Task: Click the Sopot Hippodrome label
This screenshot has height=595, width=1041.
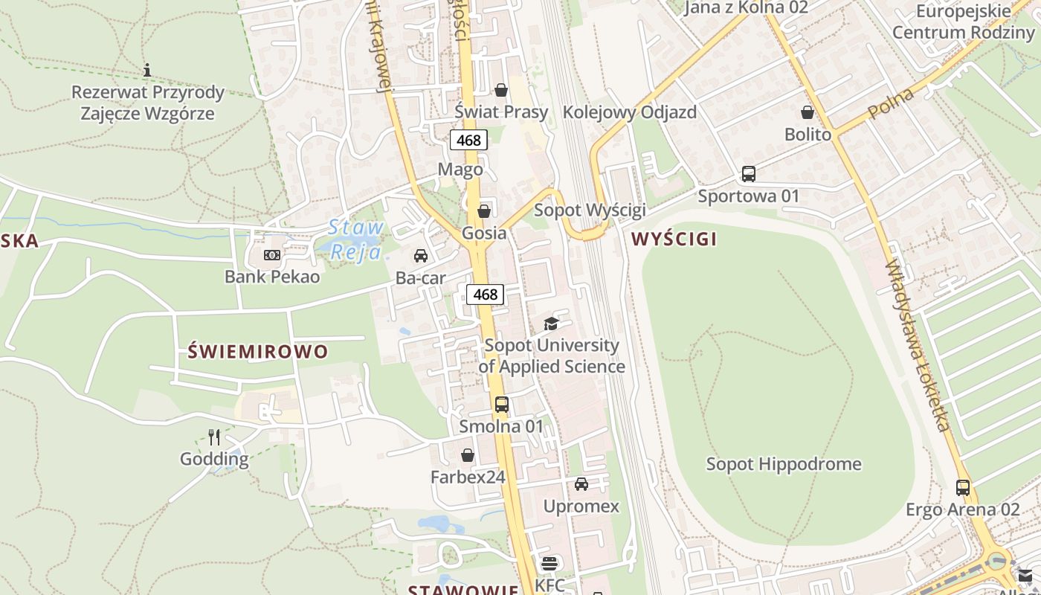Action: tap(784, 464)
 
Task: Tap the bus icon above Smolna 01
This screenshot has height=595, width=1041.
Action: tap(502, 405)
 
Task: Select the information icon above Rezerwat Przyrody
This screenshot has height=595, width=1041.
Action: tap(147, 70)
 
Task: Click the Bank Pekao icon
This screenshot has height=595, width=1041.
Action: tap(272, 255)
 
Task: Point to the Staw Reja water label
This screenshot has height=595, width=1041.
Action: tap(356, 239)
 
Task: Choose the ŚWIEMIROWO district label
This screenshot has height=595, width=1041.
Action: tap(257, 351)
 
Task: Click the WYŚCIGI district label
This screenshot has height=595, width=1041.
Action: tap(674, 239)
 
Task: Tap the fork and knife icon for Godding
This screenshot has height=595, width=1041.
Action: tap(214, 437)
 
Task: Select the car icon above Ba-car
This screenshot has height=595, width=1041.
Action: tap(421, 256)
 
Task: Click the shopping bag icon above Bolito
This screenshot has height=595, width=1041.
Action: tap(808, 112)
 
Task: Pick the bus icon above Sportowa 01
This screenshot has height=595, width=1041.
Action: tap(749, 174)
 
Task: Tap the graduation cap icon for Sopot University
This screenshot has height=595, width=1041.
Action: tap(551, 324)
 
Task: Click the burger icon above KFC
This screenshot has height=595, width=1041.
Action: tap(549, 564)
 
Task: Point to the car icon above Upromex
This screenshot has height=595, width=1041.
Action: tap(581, 484)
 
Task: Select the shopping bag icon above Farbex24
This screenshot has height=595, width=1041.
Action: tap(468, 454)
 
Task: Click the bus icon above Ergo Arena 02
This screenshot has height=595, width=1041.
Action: tap(963, 488)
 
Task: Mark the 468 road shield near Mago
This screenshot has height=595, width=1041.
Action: tap(468, 140)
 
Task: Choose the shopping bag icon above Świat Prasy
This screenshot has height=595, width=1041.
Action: tap(501, 90)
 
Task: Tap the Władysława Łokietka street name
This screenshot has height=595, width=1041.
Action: tap(919, 346)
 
